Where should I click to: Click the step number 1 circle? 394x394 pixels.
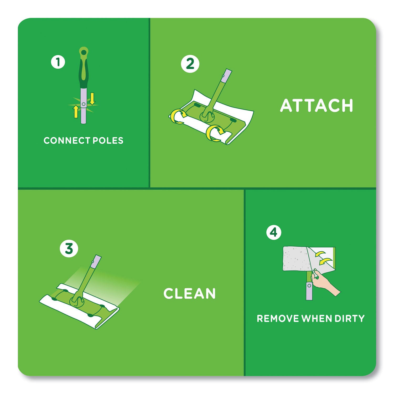coord(58,62)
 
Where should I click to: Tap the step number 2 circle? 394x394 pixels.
coord(190,64)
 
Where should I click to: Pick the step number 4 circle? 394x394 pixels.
coord(274,232)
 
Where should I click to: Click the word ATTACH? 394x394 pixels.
coord(317,106)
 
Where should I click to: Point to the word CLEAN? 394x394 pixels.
coord(189,293)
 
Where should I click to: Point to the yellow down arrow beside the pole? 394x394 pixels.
coord(92,99)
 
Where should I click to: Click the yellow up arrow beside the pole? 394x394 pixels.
coord(76,111)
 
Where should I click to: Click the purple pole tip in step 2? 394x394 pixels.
coord(227,75)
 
